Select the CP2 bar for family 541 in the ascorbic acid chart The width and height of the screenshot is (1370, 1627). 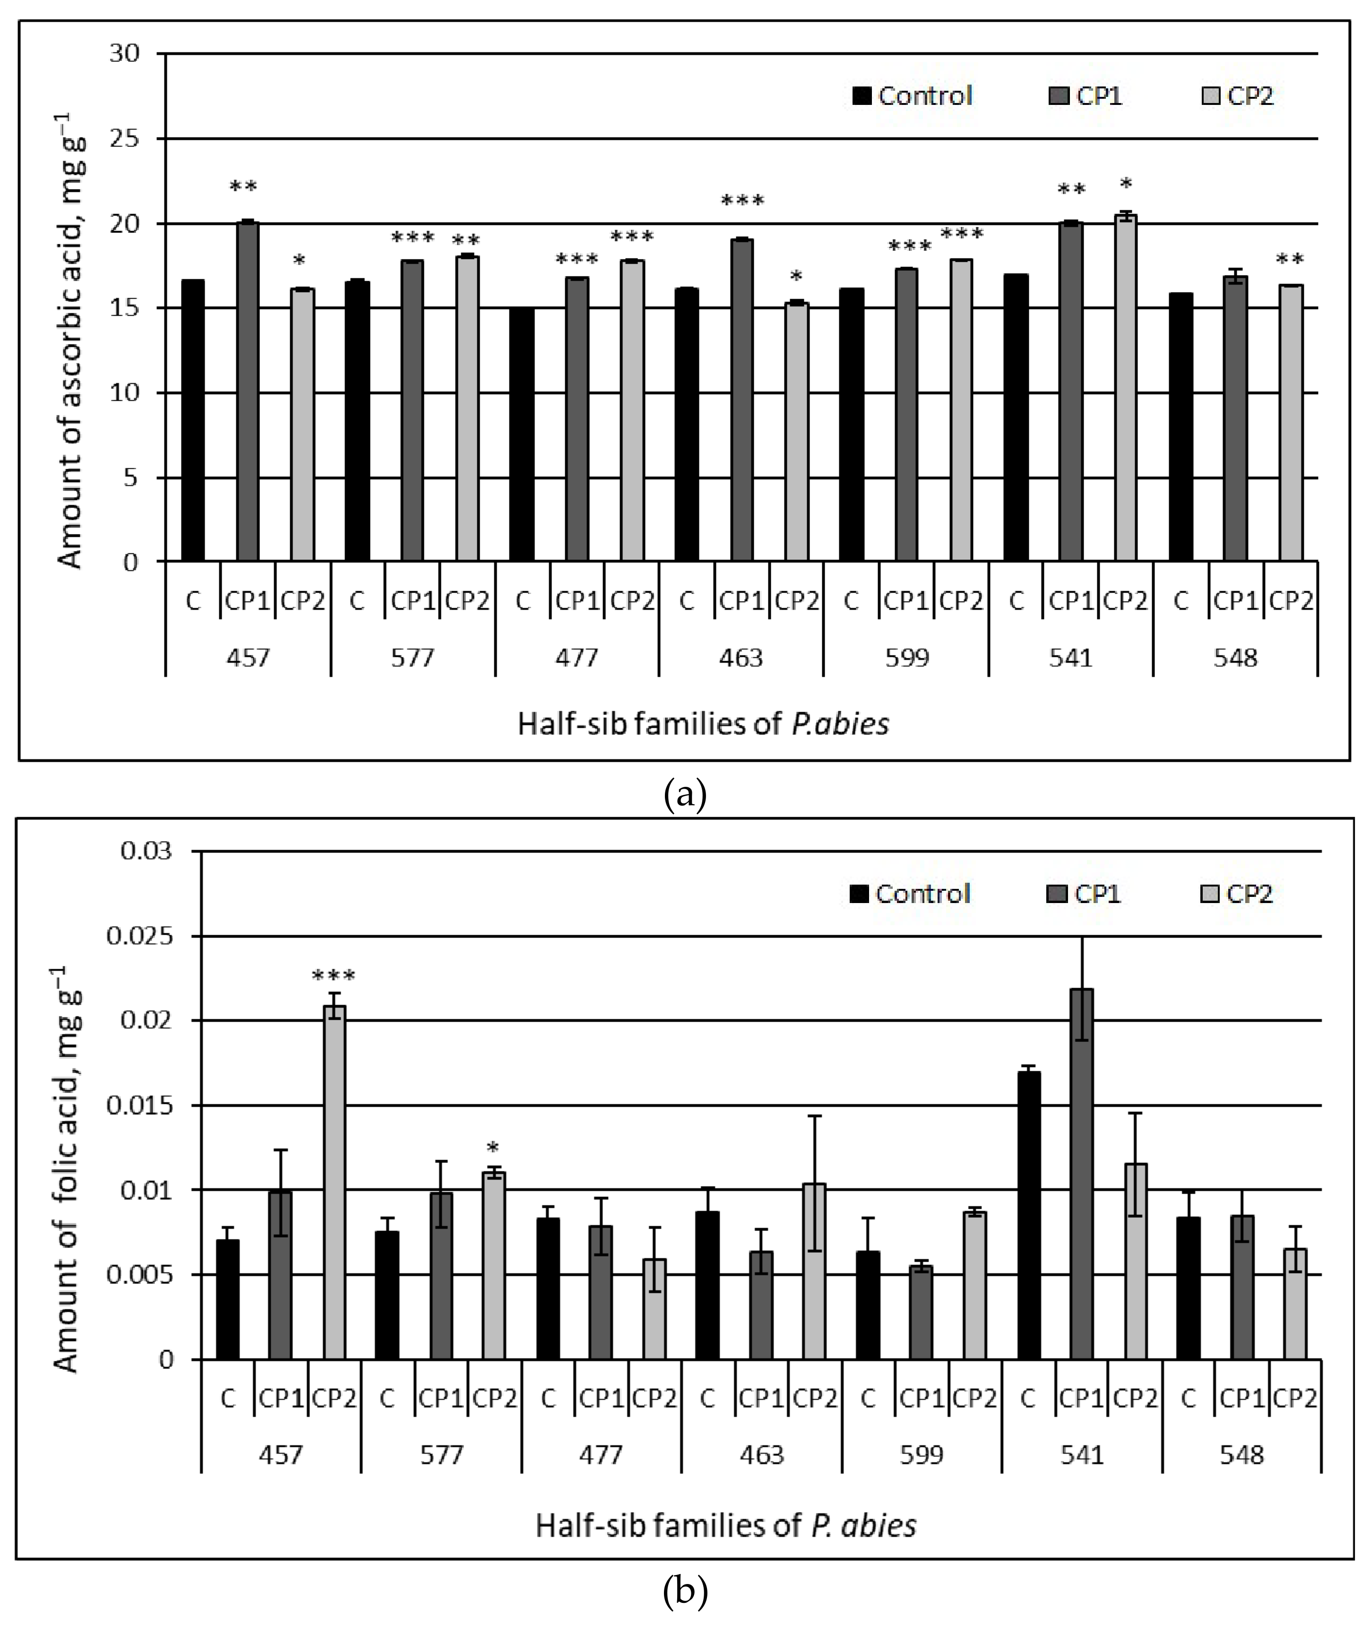coord(1125,388)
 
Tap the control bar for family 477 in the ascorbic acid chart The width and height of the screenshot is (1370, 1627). coord(522,434)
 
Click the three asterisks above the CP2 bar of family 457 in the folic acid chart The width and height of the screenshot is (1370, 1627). coord(334,976)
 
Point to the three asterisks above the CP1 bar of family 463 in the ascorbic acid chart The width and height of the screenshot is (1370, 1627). coord(742,201)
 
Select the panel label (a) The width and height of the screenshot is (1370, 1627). coord(685,794)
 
